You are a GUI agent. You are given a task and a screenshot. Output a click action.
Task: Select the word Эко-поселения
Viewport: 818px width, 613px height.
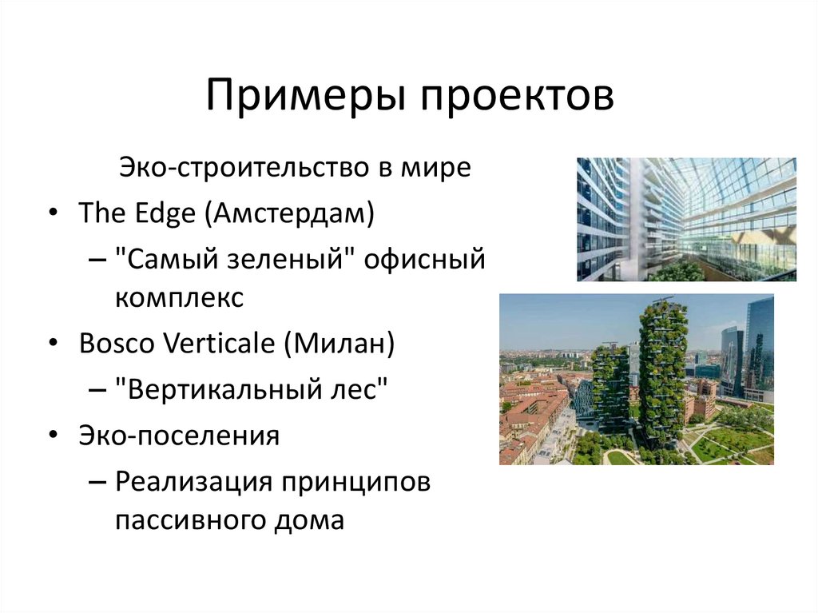(x=179, y=436)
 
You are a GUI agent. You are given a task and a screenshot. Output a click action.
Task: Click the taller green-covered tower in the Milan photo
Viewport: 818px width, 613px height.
(x=662, y=368)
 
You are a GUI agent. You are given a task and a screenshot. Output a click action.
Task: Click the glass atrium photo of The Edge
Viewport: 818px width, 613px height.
(x=686, y=219)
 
